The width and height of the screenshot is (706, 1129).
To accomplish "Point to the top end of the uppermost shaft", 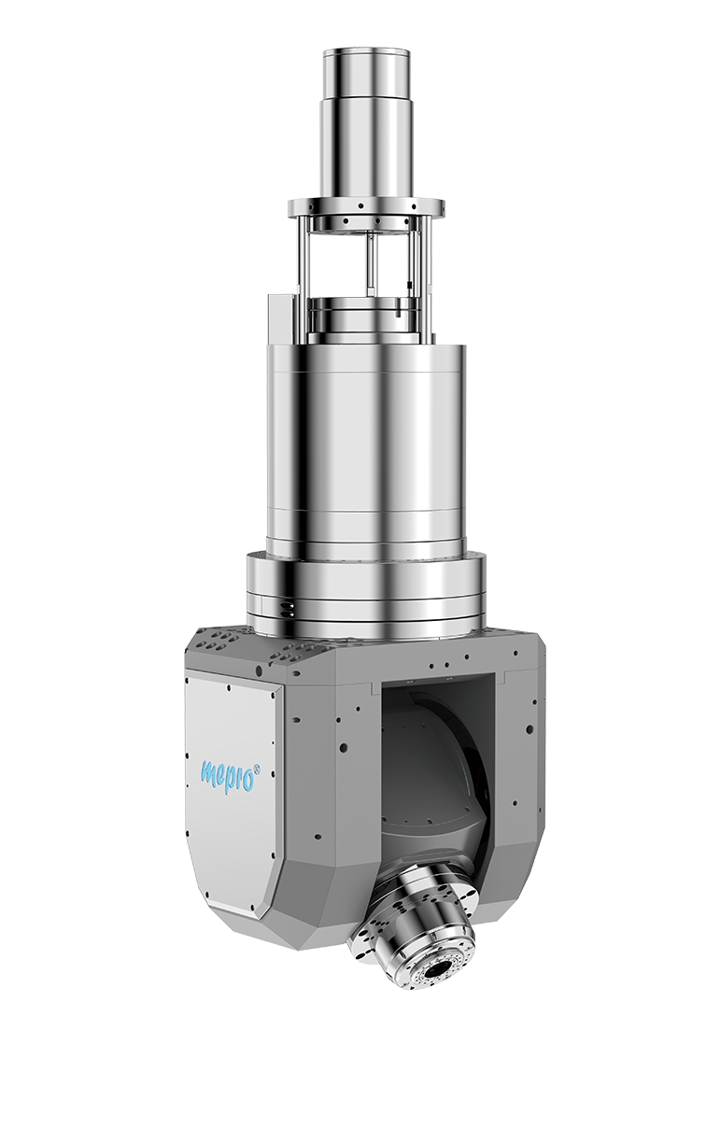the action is (x=366, y=51).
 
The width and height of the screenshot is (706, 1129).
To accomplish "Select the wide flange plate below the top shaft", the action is (x=366, y=207).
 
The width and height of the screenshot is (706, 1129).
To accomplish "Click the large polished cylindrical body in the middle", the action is (x=366, y=448).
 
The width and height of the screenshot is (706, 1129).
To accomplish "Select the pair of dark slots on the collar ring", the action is (x=288, y=610).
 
